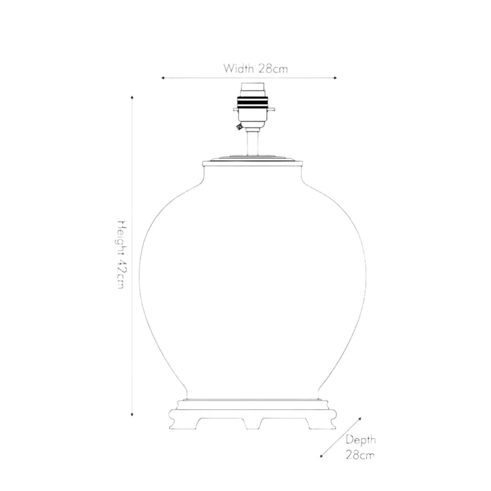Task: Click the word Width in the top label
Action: pyautogui.click(x=238, y=68)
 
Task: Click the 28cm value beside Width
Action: pyautogui.click(x=273, y=69)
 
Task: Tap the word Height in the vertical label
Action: pyautogui.click(x=122, y=237)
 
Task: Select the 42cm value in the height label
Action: pyautogui.click(x=122, y=274)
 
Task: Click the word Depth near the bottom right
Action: pyautogui.click(x=361, y=441)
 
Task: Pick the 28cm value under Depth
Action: pyautogui.click(x=360, y=455)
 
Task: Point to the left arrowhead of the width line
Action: pyautogui.click(x=163, y=78)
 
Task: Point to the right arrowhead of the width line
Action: pyautogui.click(x=336, y=78)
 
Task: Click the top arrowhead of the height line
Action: pyautogui.click(x=132, y=98)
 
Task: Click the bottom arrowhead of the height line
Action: pyautogui.click(x=132, y=415)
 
